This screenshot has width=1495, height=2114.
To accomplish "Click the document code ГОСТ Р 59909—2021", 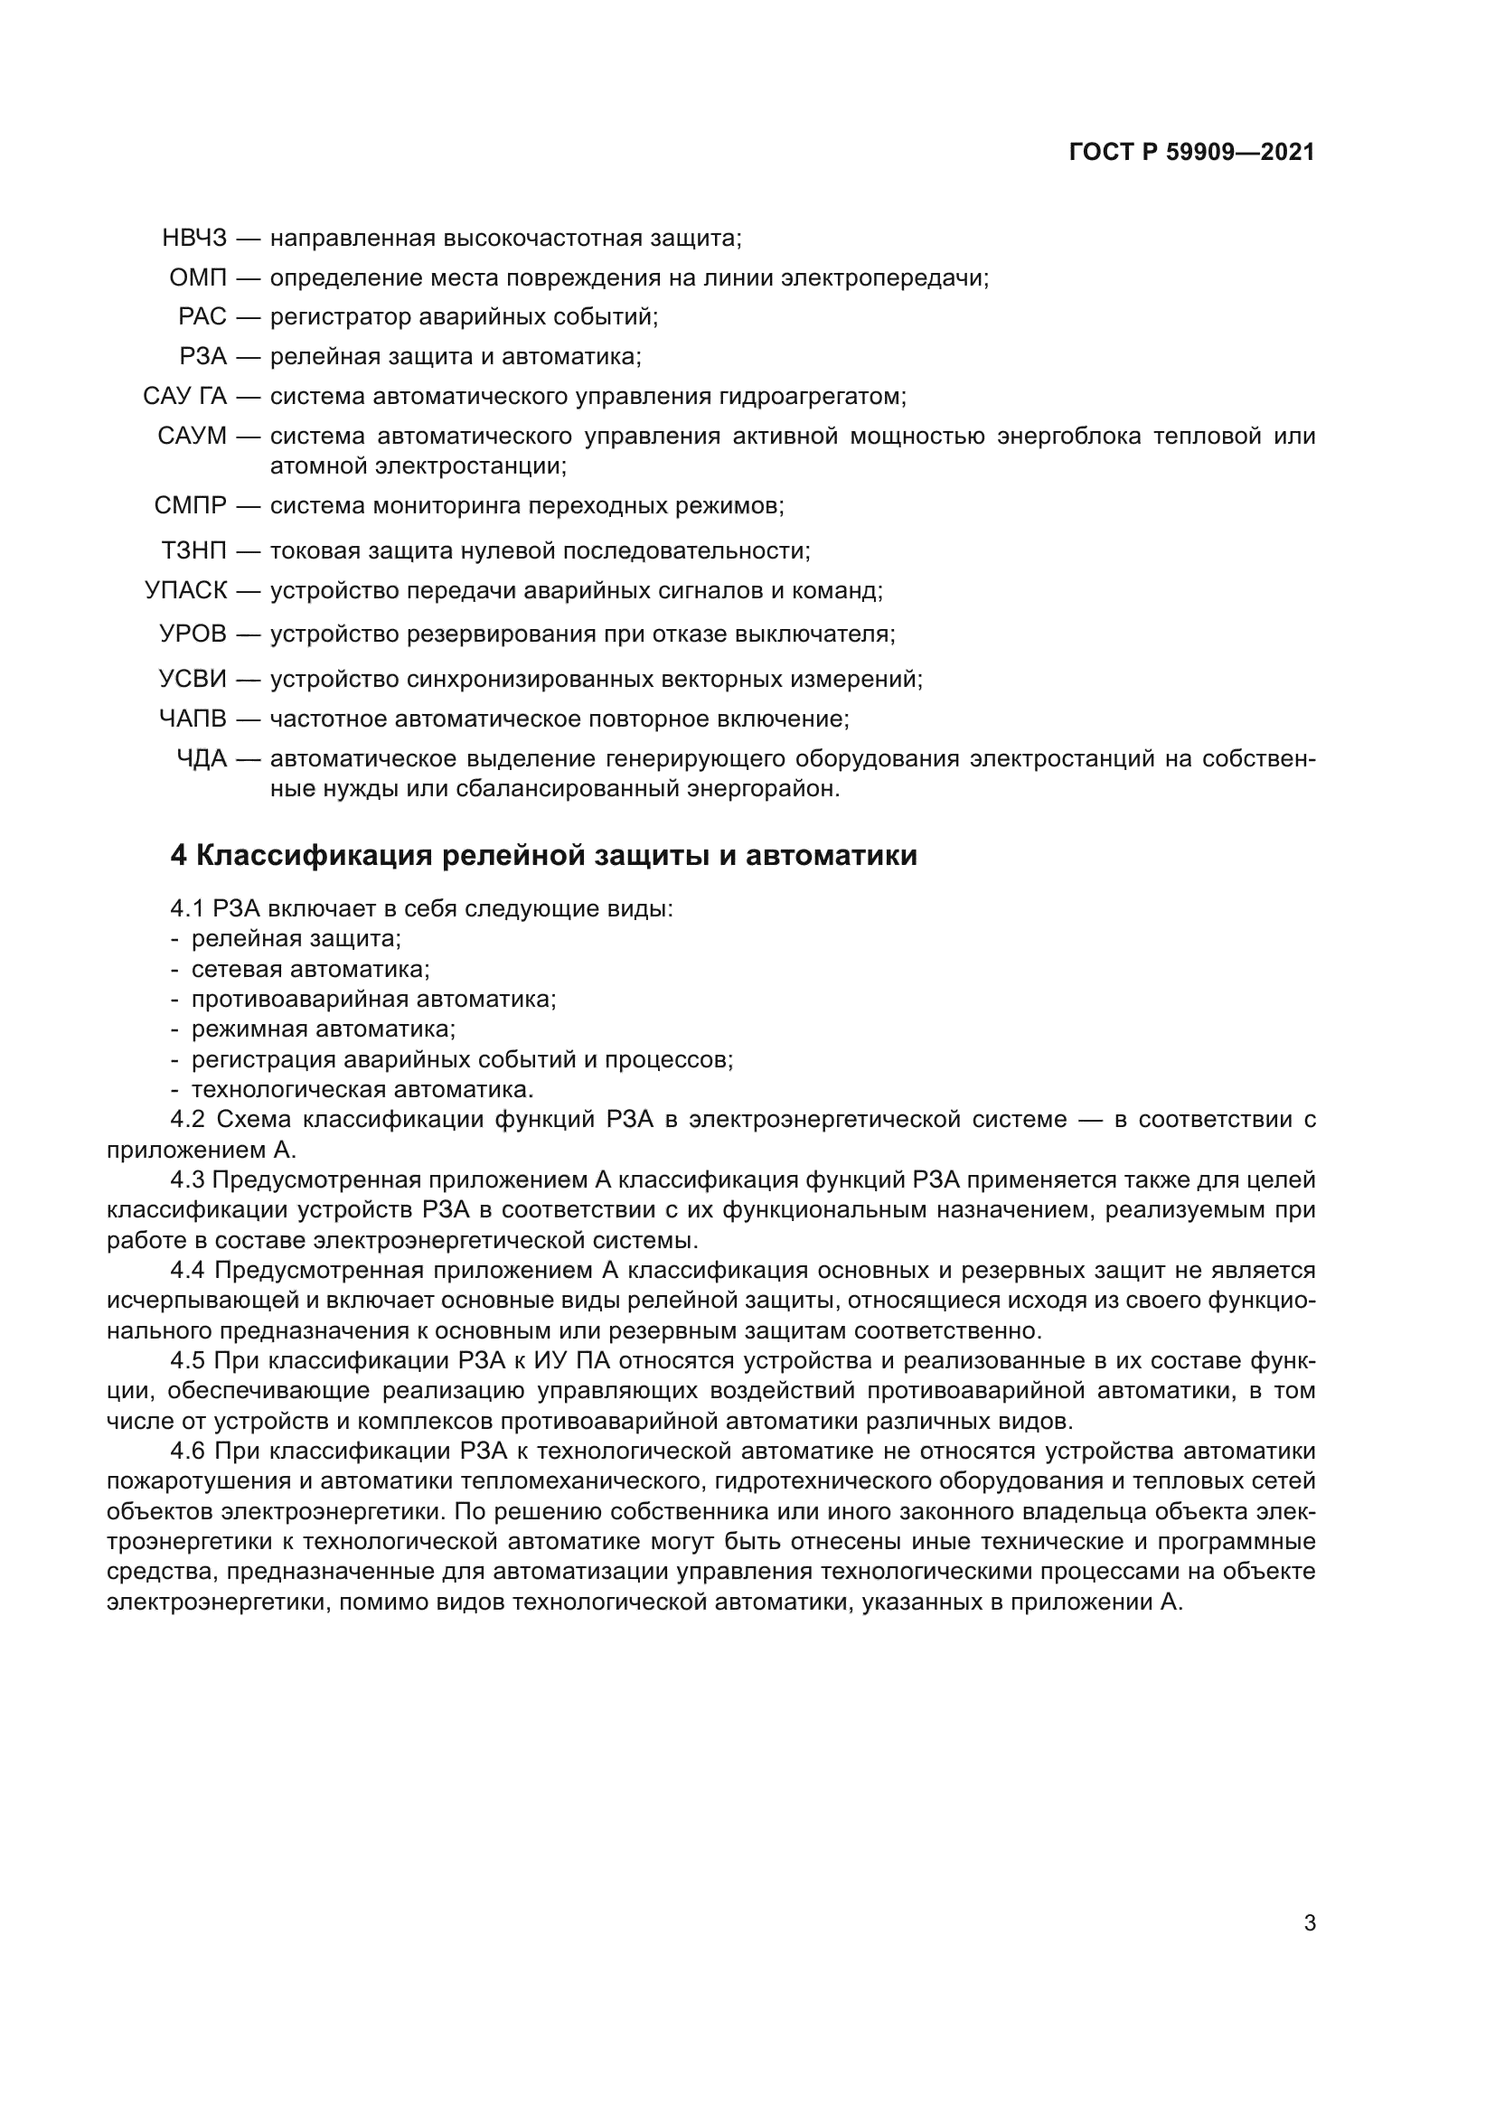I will [x=1191, y=153].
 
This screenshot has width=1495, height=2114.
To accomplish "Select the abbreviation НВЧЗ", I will [x=193, y=239].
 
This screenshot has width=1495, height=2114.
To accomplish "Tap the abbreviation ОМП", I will [x=197, y=278].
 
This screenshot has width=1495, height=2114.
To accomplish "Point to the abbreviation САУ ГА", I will [x=184, y=397].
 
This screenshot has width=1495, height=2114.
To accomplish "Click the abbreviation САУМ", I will [x=192, y=437].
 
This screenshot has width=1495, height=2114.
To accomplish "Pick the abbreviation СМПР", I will [x=190, y=505].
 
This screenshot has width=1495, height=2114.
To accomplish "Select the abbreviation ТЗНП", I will [x=193, y=551].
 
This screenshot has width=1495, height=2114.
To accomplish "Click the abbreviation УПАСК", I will [x=185, y=591].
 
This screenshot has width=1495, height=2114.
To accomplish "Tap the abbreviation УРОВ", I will [x=193, y=634].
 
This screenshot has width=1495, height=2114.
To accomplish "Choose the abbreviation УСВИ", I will [x=193, y=680].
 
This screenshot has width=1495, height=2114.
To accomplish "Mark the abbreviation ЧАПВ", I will [x=193, y=719].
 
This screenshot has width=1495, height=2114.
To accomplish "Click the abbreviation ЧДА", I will [x=201, y=758].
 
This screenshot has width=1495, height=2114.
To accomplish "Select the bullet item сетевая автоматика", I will [x=310, y=970].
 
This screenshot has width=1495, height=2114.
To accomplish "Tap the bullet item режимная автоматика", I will [x=323, y=1029].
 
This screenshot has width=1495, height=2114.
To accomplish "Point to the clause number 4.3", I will [x=188, y=1180].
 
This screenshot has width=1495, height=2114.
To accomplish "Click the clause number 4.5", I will [x=188, y=1361].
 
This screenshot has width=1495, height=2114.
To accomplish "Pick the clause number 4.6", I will [x=188, y=1452].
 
